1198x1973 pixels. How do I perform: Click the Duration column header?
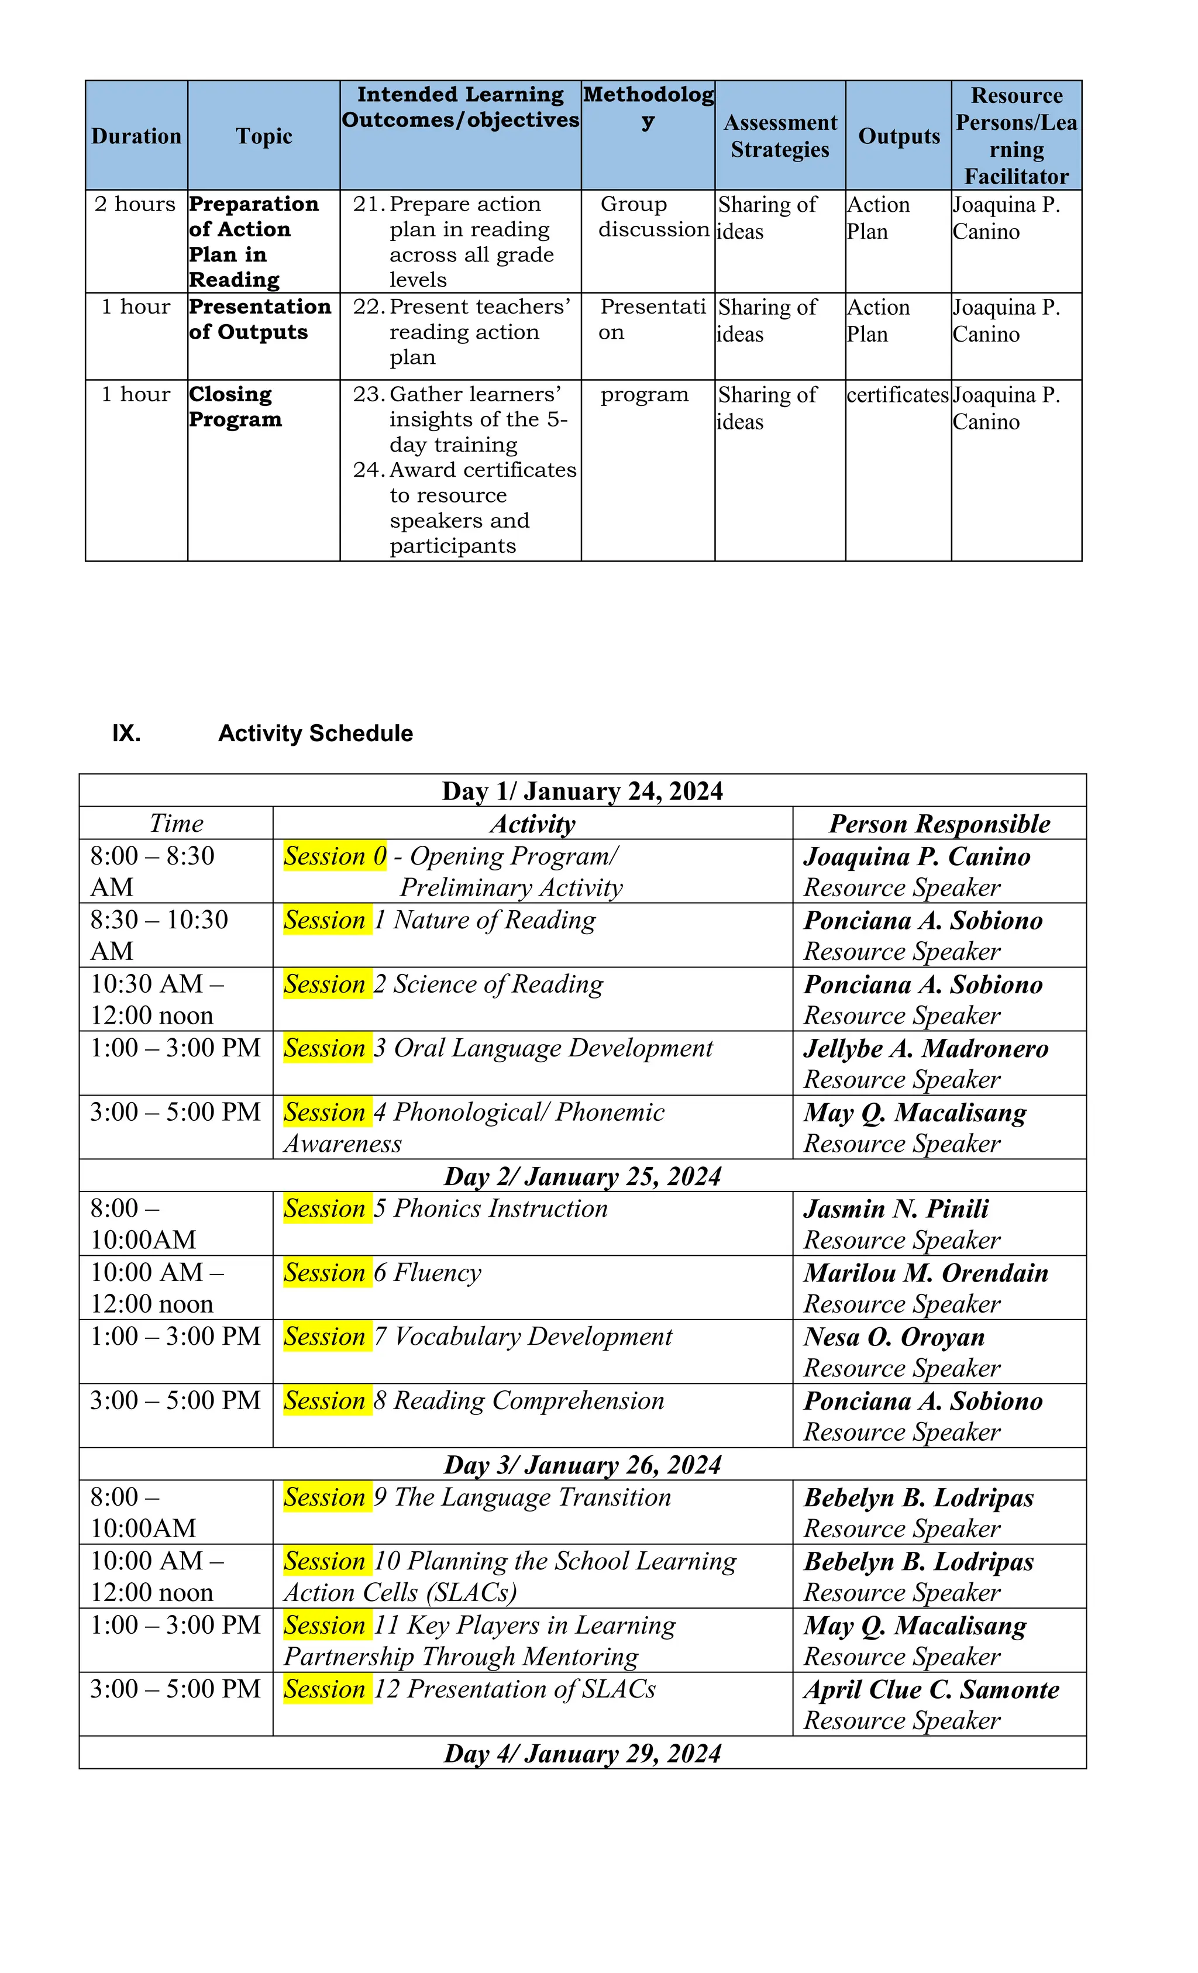pos(136,136)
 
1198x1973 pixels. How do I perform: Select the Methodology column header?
pos(648,108)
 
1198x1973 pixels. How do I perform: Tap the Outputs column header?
pos(898,136)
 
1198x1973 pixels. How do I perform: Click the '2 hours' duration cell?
pos(135,204)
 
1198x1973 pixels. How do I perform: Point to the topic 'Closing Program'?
pos(235,407)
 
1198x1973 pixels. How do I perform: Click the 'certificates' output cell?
pos(897,395)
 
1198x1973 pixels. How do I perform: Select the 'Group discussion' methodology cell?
pos(653,217)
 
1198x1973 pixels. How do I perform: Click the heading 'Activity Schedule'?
pos(315,734)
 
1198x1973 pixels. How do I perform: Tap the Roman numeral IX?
pos(126,734)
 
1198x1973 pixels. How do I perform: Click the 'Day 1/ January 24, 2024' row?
pos(582,791)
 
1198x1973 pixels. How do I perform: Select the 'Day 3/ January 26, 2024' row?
pos(582,1465)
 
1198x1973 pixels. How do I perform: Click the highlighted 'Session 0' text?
pos(335,856)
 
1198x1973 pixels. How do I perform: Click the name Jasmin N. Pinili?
pos(896,1208)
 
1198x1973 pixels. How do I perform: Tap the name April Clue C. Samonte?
pos(931,1689)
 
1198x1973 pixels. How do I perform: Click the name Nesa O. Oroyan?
pos(894,1337)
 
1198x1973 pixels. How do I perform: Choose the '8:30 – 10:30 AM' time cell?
pos(159,935)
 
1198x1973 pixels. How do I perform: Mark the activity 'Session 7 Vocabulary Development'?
pos(478,1337)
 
